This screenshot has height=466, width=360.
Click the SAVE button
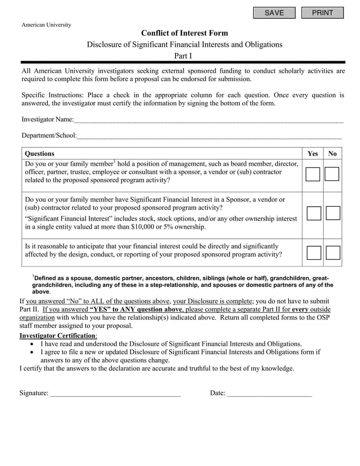(274, 13)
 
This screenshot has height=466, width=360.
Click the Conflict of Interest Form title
(184, 33)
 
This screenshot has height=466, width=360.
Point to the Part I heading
(183, 56)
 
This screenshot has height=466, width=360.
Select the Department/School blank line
(209, 136)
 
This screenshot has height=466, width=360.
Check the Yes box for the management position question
(313, 174)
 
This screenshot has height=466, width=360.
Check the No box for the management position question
(332, 174)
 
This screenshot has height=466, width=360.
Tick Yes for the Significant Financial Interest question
(314, 213)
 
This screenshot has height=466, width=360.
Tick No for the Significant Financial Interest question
(333, 213)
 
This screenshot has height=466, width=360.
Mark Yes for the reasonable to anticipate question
(314, 253)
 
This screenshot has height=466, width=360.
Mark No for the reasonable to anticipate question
(333, 253)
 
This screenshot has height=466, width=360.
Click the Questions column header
(40, 154)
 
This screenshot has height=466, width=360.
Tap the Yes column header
(313, 154)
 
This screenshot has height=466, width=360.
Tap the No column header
(333, 154)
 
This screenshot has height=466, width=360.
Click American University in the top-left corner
(46, 25)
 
